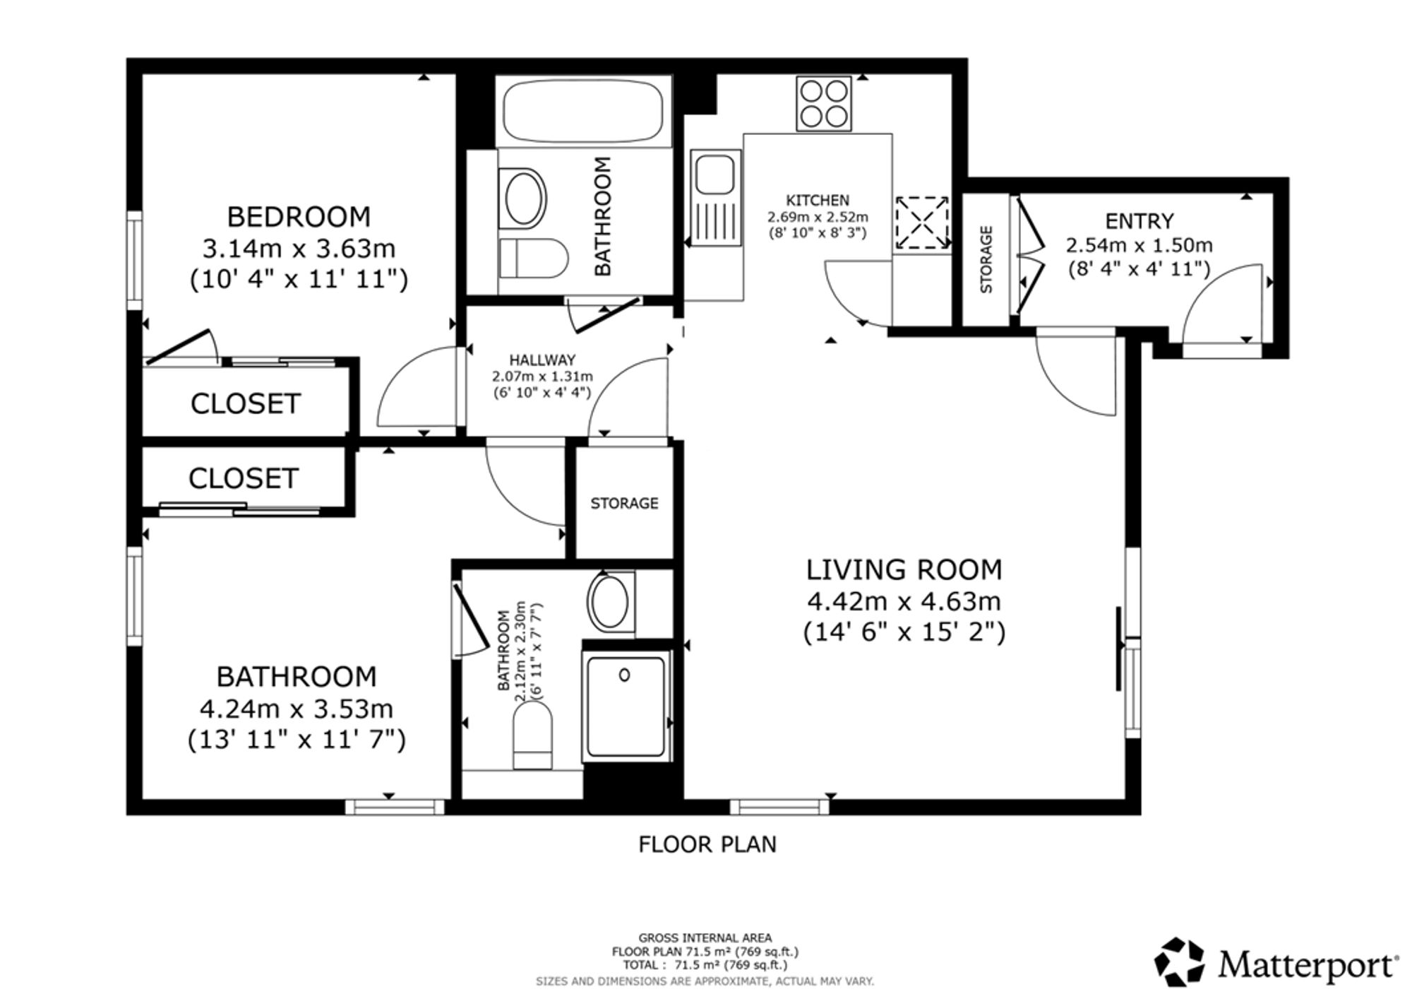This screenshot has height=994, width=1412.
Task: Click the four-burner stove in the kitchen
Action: coord(824,103)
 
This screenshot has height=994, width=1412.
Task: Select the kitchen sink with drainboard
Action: coord(714,197)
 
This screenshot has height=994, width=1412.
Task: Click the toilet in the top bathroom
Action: coord(533,258)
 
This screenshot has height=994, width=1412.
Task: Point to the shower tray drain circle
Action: coord(624,675)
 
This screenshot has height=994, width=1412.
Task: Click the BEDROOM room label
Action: coord(299,216)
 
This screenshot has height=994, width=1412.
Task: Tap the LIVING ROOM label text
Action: coord(904,569)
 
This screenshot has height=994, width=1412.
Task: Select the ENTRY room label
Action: coord(1139,221)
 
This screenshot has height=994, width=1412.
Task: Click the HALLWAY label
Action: coord(542,360)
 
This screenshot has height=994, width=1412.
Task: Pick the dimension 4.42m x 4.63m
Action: coord(904,602)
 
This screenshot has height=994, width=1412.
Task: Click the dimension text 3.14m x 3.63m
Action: coord(299,249)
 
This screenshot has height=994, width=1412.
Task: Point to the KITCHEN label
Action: coord(818,201)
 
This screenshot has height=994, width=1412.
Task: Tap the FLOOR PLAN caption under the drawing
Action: coord(707,844)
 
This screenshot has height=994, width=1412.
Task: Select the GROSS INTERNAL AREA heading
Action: coord(705,938)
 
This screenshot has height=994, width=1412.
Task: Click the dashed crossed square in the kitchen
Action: coord(922,223)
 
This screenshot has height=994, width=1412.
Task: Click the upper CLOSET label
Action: coord(246,403)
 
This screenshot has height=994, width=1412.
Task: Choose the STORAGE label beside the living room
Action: coord(624,503)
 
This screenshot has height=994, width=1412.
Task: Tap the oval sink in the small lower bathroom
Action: coord(610,602)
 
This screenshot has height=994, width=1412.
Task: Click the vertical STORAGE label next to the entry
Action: coord(986,259)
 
